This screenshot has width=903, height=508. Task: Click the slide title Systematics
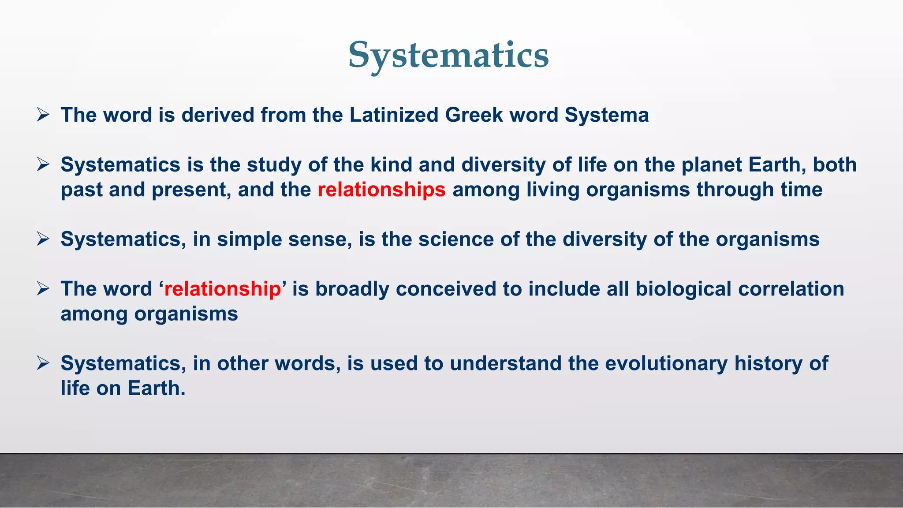(448, 55)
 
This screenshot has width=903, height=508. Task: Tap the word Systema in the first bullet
(607, 115)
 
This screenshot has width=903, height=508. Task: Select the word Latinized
(394, 115)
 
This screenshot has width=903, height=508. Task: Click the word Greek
(474, 115)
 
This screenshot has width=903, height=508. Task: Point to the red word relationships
(381, 190)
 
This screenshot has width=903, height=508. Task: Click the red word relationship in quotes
(222, 289)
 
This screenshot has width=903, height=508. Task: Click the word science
(456, 239)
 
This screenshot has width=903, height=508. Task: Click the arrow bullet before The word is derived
(43, 115)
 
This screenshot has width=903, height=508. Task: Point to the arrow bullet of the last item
(43, 364)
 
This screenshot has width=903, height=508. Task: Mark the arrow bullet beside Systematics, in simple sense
(43, 239)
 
